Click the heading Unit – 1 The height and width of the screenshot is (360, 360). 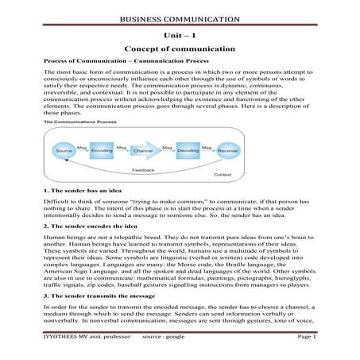[180, 36]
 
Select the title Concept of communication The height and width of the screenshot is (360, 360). [180, 50]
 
